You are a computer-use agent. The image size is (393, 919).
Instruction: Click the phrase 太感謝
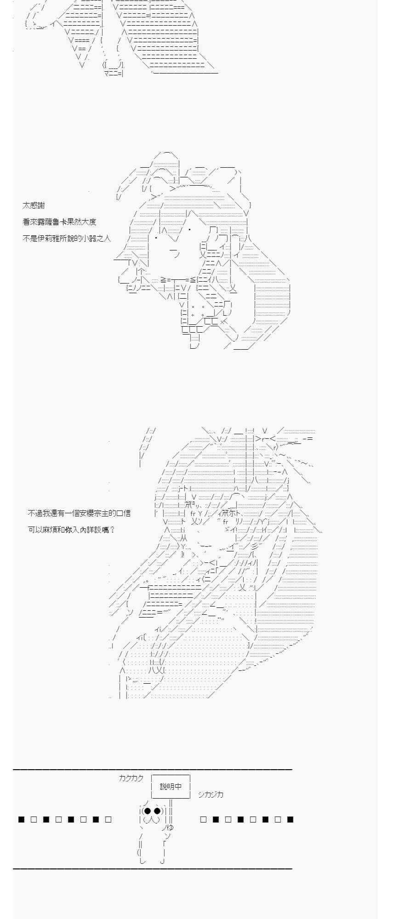tap(34, 205)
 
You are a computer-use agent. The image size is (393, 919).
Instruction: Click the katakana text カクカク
tap(131, 778)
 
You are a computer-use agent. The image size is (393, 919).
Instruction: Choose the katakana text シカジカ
tap(211, 794)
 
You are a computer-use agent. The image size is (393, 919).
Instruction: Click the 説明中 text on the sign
tap(171, 786)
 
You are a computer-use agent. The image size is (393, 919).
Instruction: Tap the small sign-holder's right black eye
tap(157, 811)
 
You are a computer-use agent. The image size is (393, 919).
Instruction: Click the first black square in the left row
tap(21, 819)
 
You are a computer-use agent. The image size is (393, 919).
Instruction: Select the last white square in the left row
tap(108, 819)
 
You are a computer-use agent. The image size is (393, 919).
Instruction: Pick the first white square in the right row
tap(204, 819)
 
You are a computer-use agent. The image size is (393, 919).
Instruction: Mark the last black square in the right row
tap(290, 819)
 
